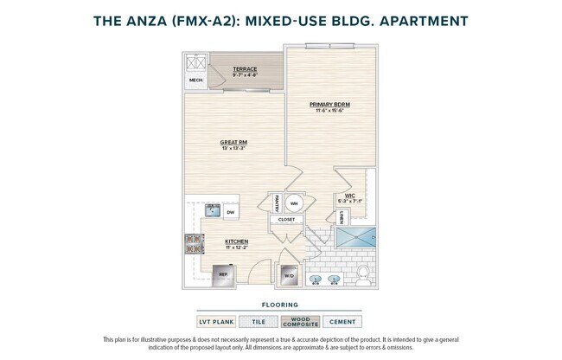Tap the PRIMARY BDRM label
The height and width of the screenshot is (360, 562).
329,104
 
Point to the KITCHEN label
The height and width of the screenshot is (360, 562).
236,241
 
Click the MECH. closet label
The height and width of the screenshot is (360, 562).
195,82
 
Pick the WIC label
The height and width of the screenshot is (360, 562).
350,196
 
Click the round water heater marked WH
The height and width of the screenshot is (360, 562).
294,204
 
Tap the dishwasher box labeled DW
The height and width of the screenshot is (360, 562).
231,211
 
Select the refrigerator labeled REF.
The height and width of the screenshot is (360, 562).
222,274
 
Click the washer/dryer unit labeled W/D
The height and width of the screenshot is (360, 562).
287,277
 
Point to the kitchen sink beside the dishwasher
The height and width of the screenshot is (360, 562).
210,210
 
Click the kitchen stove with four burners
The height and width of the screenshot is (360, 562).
192,244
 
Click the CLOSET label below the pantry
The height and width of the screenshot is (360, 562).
286,220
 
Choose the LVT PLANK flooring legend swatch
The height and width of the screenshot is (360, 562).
217,322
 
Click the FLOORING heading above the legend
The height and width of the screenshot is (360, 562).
280,305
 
